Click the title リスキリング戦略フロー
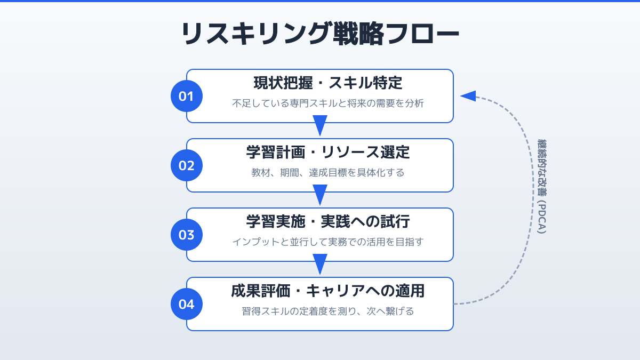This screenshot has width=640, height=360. [x=320, y=34]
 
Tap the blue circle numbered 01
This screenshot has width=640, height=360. [x=187, y=96]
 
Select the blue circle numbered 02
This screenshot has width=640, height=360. [x=187, y=165]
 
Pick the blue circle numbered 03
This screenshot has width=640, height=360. [x=187, y=235]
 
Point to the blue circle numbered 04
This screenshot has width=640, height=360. [x=187, y=304]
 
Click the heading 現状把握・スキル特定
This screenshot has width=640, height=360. [x=327, y=83]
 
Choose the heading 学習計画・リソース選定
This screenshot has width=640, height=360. [x=327, y=153]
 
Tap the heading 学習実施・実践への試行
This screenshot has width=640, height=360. [x=327, y=222]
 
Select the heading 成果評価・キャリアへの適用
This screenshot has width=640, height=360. [x=327, y=291]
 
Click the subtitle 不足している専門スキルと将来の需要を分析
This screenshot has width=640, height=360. [x=327, y=103]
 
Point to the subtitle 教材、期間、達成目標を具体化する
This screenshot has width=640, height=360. [x=327, y=173]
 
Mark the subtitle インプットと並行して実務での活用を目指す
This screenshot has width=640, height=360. [x=327, y=242]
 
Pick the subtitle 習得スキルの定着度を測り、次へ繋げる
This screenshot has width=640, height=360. [x=327, y=311]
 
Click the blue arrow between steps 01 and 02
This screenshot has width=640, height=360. [x=320, y=126]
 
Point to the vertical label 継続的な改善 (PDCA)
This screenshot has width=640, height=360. [x=542, y=187]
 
